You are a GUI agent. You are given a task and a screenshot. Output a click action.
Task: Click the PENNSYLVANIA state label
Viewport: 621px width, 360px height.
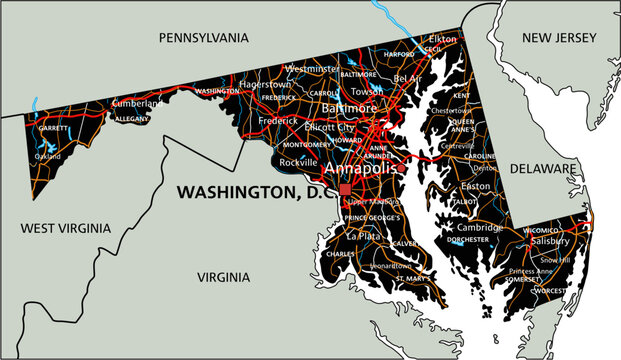203,37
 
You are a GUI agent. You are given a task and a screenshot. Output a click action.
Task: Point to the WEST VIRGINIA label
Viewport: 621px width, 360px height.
62,229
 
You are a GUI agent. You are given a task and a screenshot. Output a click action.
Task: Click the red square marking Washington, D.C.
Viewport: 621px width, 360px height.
345,188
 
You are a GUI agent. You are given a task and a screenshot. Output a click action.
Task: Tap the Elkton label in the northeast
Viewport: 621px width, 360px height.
442,38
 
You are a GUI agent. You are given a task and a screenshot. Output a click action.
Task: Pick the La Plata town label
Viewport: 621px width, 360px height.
363,236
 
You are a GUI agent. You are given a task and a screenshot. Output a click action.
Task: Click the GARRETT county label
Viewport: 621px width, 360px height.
54,129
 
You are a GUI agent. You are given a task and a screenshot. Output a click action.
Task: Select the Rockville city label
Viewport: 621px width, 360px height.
298,161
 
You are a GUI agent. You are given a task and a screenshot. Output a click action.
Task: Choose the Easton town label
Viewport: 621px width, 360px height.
475,186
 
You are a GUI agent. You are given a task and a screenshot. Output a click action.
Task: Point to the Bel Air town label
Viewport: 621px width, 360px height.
407,78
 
